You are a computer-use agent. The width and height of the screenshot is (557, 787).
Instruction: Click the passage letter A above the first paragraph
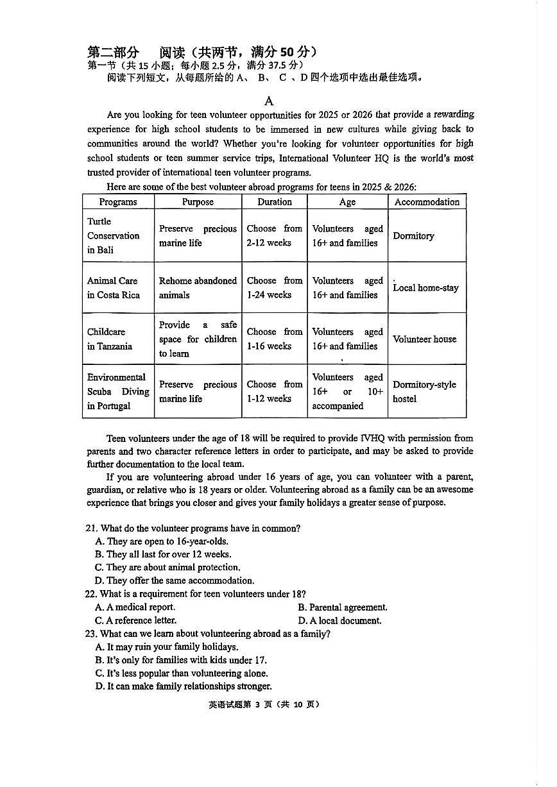269,101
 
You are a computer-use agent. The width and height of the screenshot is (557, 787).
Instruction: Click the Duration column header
274,201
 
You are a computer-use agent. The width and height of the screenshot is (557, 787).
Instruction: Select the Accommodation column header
427,201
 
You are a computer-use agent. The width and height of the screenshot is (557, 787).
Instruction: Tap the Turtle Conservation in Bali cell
114,235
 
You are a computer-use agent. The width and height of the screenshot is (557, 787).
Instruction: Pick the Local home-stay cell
425,288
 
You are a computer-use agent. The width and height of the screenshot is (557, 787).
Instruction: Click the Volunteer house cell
424,339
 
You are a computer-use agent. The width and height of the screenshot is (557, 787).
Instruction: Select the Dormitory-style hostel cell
424,391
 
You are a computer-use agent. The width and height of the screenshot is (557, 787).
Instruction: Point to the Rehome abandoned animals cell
198,288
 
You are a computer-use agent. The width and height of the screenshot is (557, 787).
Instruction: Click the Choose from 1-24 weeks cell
274,288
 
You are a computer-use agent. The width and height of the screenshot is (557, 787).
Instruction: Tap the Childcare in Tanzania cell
110,339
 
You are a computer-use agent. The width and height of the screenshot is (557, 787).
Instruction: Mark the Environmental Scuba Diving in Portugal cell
117,391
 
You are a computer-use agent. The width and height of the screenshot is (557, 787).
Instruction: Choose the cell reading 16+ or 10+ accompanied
347,391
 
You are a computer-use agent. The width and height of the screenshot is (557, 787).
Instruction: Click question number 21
90,529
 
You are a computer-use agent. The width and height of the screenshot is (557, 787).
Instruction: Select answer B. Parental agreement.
343,607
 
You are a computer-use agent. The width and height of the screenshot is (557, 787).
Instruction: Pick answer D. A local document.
339,621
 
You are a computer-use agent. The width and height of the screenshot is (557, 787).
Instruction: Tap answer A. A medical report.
135,607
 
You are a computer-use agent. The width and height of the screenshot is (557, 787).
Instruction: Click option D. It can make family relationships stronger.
184,686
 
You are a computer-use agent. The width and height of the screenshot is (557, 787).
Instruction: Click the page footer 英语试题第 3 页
264,704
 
